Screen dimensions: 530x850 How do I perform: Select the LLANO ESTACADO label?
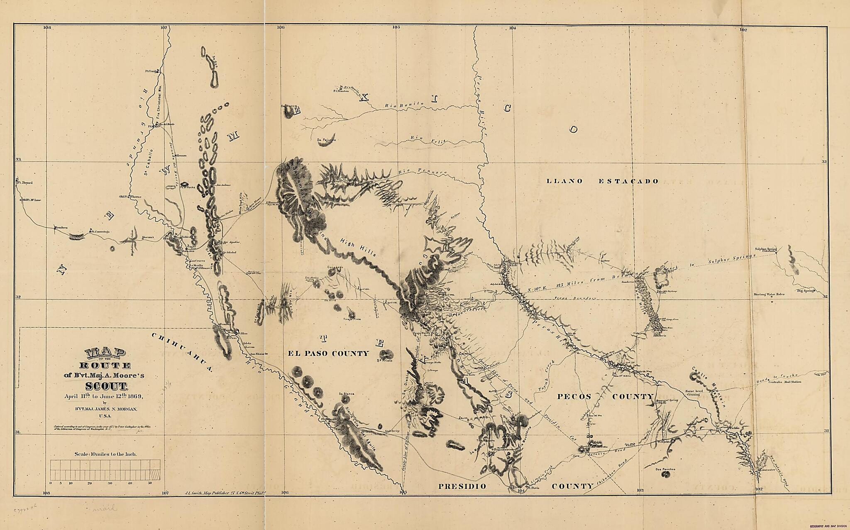[x=602, y=181]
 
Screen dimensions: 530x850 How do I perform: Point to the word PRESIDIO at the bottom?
[x=462, y=486]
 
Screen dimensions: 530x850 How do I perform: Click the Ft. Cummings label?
[x=100, y=231]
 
